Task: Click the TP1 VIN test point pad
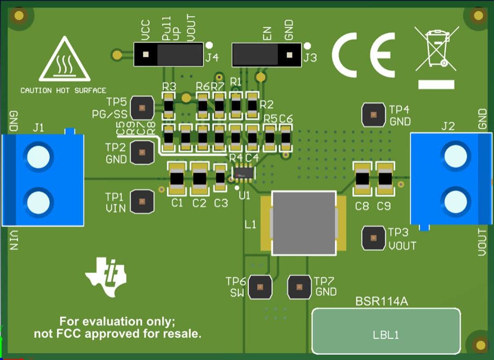tap(142, 201)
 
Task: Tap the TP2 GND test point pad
tap(142, 152)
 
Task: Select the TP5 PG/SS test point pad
tap(142, 108)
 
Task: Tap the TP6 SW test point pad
tap(260, 287)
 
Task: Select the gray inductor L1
tap(304, 223)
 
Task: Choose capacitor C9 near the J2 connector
tap(385, 179)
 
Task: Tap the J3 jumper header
tap(266, 55)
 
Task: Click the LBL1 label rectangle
tap(386, 331)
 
